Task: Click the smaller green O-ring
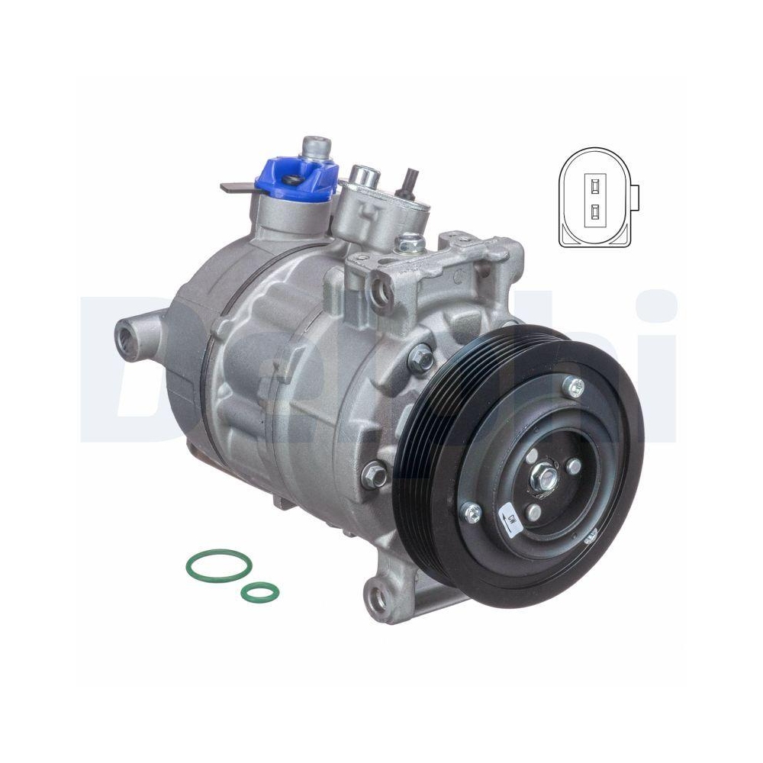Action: [259, 590]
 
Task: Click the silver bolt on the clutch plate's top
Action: [574, 388]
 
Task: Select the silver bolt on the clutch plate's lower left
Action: [471, 510]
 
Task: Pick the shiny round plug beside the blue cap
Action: [362, 176]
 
